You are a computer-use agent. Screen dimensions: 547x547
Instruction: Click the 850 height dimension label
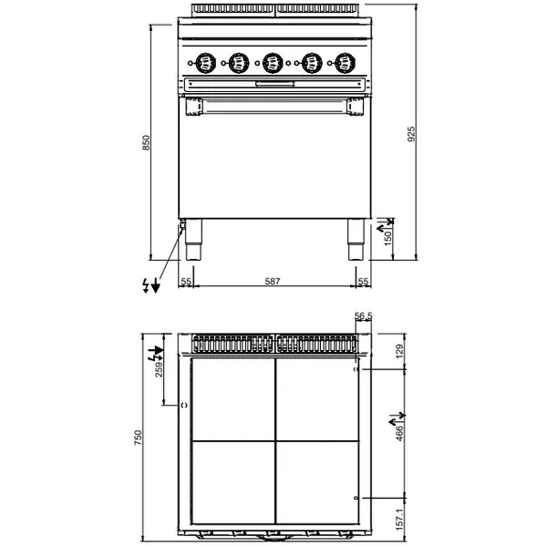[146, 143]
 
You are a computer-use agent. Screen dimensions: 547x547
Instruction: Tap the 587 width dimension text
[272, 282]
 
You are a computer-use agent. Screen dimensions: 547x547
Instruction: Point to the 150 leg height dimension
[387, 237]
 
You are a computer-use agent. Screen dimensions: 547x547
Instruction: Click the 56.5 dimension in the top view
[363, 316]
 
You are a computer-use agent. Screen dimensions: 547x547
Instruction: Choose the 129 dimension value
[398, 353]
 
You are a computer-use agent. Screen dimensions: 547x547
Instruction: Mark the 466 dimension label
[398, 432]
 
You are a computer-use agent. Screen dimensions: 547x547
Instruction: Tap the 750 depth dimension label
[139, 439]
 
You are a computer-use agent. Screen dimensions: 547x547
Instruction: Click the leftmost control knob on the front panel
[203, 63]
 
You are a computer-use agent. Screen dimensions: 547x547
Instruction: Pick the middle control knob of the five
[272, 63]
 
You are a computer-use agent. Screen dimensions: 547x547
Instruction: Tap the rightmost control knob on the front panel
[343, 63]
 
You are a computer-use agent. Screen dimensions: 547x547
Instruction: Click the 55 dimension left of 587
[185, 282]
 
